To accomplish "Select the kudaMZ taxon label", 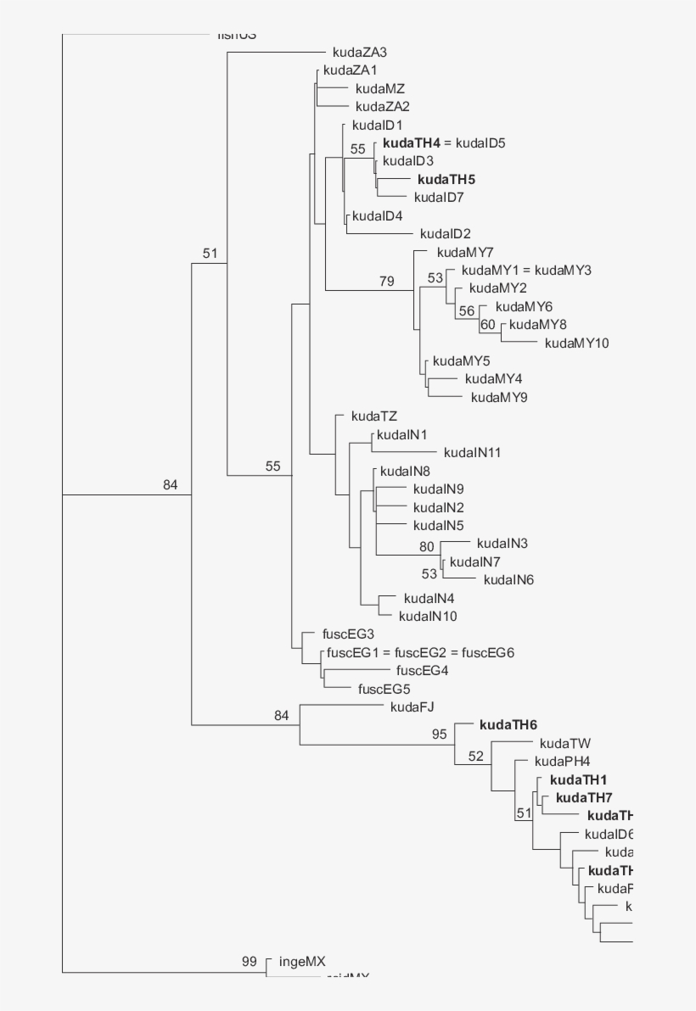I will (380, 88).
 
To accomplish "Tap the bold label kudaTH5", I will (446, 179).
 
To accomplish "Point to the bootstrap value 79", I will (387, 282).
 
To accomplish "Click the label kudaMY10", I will (577, 343).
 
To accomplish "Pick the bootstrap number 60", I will (487, 325).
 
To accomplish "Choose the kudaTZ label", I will (373, 416).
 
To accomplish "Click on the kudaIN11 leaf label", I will (472, 452).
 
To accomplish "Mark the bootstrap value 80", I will (426, 547).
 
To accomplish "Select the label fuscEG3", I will (348, 634).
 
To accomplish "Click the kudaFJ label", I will (413, 707).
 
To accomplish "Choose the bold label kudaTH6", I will (508, 724).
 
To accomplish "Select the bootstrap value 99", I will (249, 962).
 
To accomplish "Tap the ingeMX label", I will (302, 962).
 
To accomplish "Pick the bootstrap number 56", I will (467, 311).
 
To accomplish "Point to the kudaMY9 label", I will (500, 397).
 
